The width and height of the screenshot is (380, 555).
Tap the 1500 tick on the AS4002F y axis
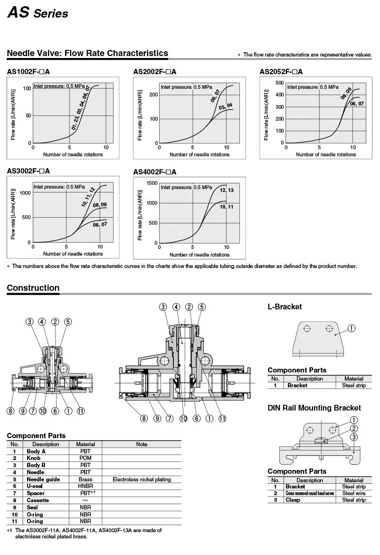152,183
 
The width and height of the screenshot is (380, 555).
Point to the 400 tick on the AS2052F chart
279,95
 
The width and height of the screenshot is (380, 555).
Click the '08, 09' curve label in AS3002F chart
100,205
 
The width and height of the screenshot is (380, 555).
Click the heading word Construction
33,288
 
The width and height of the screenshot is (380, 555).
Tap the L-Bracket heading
285,307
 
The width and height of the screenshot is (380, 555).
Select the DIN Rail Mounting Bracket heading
314,408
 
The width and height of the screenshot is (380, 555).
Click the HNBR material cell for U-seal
85,486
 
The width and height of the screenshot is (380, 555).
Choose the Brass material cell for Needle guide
85,479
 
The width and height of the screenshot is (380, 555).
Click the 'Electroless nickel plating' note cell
142,479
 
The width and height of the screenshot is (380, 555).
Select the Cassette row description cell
38,500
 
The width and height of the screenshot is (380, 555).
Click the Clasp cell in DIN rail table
293,500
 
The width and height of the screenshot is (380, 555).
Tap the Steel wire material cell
354,493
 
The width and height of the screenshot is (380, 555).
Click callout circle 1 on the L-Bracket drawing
351,328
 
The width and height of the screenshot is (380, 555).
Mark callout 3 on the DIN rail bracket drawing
354,438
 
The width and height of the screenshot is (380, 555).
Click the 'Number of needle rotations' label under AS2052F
326,154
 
